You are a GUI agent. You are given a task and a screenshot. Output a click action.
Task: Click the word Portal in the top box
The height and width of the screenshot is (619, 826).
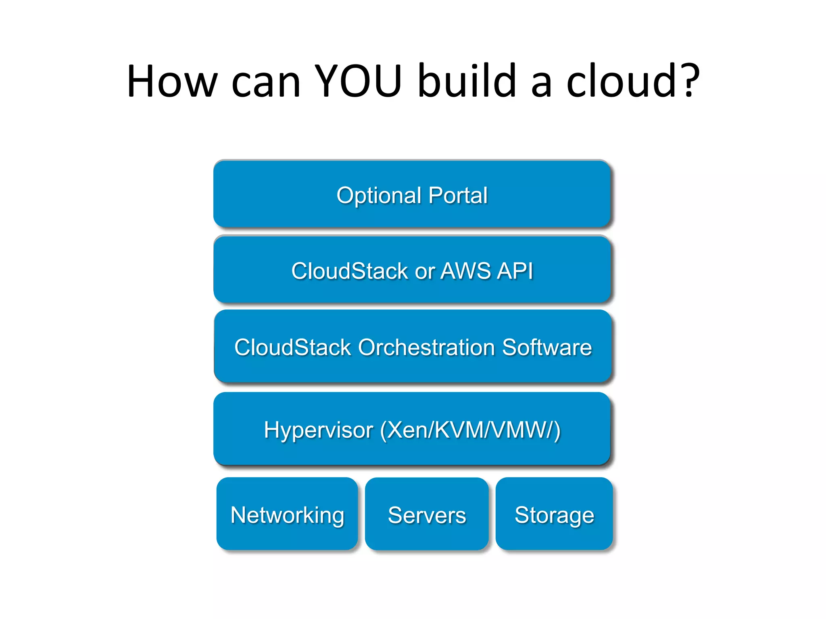pos(458,196)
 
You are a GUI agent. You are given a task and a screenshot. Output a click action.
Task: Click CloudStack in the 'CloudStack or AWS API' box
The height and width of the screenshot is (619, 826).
pos(349,271)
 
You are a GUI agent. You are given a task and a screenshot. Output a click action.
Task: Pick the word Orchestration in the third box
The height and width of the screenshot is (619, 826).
pos(426,347)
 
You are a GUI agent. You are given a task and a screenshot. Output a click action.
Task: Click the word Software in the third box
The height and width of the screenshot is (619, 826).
pos(547,347)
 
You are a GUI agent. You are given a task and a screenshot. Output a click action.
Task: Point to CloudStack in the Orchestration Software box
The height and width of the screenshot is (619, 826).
pos(293,347)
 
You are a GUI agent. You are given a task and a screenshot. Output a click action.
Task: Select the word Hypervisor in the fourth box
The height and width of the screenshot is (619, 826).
pos(318,430)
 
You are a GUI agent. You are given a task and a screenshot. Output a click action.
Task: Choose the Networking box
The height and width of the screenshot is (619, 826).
pos(287,514)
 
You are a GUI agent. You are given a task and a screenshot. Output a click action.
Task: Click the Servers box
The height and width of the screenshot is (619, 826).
pos(427,514)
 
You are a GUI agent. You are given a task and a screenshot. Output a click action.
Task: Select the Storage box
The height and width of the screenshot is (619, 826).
pos(554,514)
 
